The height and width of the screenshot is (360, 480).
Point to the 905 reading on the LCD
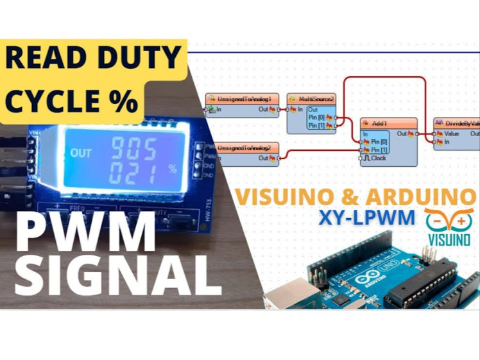[x=133, y=150]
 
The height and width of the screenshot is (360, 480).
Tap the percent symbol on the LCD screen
[x=171, y=169]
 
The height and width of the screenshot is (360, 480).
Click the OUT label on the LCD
[x=81, y=153]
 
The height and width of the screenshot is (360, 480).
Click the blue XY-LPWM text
[x=366, y=218]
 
